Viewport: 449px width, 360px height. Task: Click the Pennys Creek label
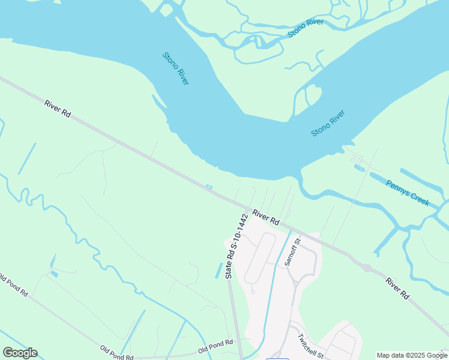click(x=408, y=193)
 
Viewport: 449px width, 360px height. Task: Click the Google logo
click(x=20, y=353)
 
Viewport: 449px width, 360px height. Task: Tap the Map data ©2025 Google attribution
click(x=412, y=355)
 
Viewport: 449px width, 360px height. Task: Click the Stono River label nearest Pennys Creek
click(x=328, y=123)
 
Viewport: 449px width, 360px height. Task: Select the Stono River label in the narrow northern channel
click(x=306, y=28)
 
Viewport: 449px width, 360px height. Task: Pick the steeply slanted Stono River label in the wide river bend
click(x=175, y=68)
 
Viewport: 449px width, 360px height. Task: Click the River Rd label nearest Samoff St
click(x=266, y=217)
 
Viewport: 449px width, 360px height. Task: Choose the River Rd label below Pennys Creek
click(x=397, y=289)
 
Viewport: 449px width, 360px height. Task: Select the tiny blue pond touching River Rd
click(x=209, y=187)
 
